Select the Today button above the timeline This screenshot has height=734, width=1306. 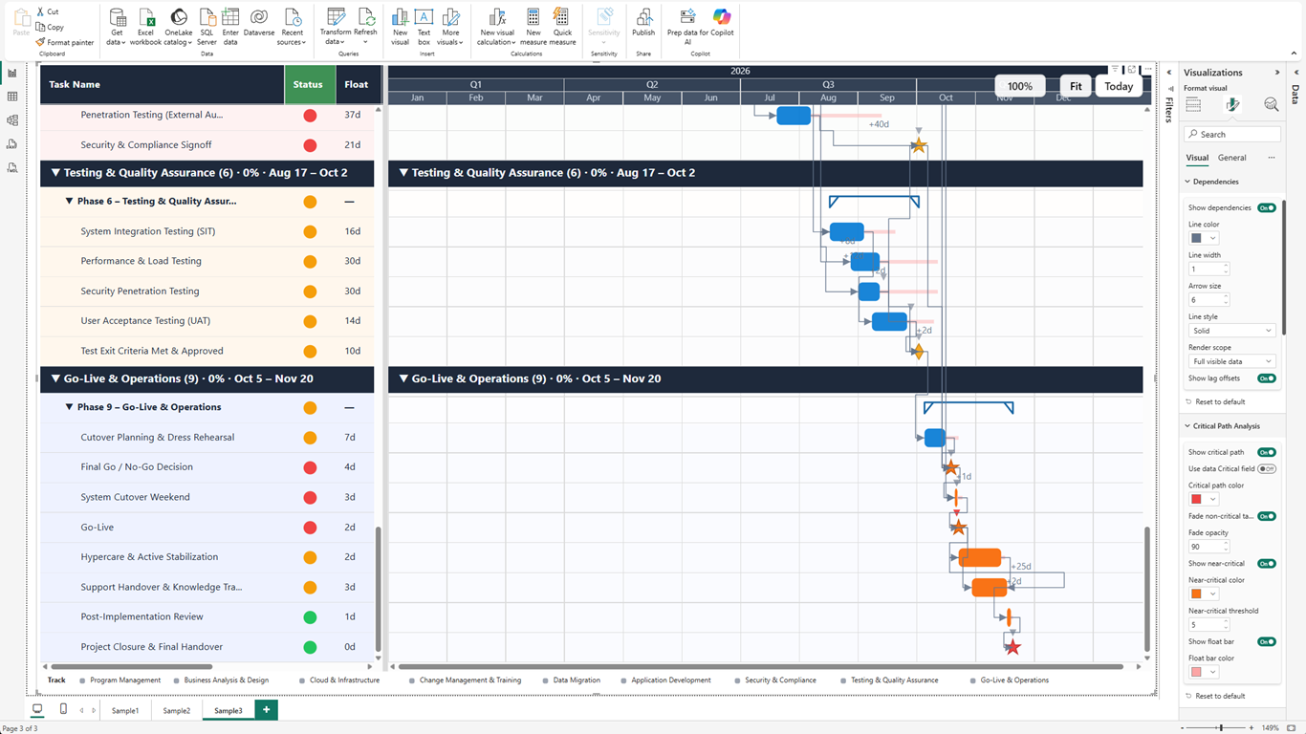pos(1119,86)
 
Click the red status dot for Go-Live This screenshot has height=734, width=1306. pos(310,528)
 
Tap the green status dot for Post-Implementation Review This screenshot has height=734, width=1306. pos(310,617)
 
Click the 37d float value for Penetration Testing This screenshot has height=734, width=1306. pos(353,116)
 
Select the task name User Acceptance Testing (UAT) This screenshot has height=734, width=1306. pos(145,321)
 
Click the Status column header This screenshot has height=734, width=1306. pos(308,85)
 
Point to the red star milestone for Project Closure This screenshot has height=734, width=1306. pos(1012,647)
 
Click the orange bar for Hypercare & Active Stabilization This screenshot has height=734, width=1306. pos(980,557)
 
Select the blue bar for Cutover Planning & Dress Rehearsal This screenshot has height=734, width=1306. pos(935,438)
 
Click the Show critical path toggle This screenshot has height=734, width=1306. pos(1266,452)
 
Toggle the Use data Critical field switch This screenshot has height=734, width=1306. pos(1266,469)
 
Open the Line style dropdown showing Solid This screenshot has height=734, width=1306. pos(1231,331)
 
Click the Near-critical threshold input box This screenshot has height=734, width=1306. pos(1206,625)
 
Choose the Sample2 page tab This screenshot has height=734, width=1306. pos(176,711)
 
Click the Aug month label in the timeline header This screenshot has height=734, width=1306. pos(828,97)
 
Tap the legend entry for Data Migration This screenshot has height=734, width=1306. pos(577,680)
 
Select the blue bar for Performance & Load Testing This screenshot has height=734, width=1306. pos(864,261)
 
